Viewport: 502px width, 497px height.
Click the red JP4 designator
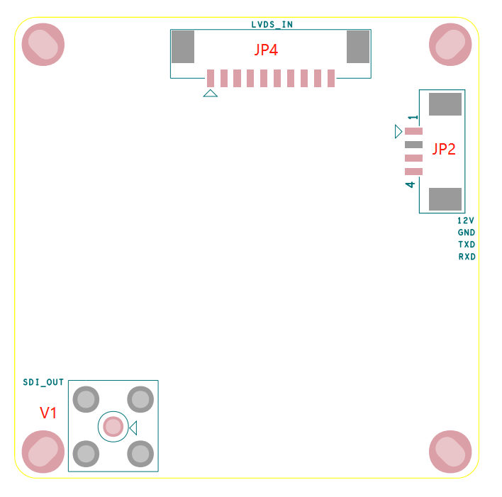pyautogui.click(x=266, y=50)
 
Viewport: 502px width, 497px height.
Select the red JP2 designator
pyautogui.click(x=444, y=149)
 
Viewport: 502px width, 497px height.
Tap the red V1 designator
pyautogui.click(x=48, y=413)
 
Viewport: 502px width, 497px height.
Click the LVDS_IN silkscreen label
pyautogui.click(x=272, y=24)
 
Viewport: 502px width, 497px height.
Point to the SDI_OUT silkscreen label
pyautogui.click(x=43, y=382)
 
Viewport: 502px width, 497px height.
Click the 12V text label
pyautogui.click(x=466, y=220)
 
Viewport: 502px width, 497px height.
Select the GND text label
pyautogui.click(x=466, y=233)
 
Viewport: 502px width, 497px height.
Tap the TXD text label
pyautogui.click(x=466, y=245)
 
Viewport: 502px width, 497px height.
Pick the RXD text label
pyautogui.click(x=467, y=257)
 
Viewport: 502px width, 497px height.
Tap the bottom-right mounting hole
pyautogui.click(x=450, y=451)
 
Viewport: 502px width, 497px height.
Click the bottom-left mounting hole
pyautogui.click(x=43, y=451)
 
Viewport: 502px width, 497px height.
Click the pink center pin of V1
pyautogui.click(x=113, y=426)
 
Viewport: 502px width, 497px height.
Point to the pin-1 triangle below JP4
pyautogui.click(x=210, y=93)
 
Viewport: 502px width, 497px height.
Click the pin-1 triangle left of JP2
pyautogui.click(x=398, y=131)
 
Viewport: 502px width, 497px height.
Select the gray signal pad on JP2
pyautogui.click(x=413, y=145)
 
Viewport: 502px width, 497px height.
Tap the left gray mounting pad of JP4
pyautogui.click(x=183, y=46)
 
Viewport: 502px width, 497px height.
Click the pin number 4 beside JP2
pyautogui.click(x=410, y=185)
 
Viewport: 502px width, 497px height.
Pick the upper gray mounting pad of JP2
pyautogui.click(x=445, y=104)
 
